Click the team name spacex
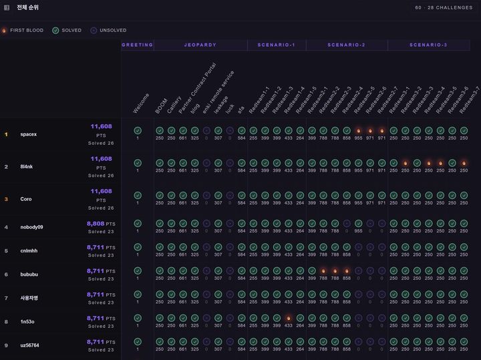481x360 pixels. pos(29,134)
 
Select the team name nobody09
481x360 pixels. pos(31,227)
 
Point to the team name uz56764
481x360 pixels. pos(30,345)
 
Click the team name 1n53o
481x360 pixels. pos(27,322)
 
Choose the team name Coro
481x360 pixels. pos(26,199)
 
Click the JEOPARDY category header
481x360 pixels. pos(200,45)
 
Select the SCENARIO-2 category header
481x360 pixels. pos(346,45)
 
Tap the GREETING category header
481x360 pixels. pos(138,45)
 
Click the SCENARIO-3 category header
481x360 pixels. pos(428,45)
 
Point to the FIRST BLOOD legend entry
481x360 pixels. pos(23,31)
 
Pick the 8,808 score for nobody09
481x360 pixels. pos(96,224)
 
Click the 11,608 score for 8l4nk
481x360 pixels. pos(102,159)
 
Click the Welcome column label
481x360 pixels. pos(142,104)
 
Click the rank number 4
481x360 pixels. pos(6,227)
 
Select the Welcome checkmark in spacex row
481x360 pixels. pos(138,130)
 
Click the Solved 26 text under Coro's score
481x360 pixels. pos(101,208)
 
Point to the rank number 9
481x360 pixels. pos(6,345)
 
